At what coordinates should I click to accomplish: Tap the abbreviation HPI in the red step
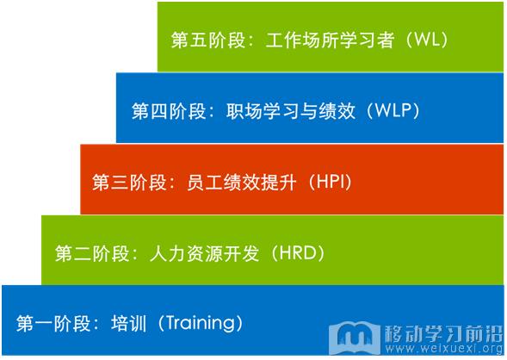pyautogui.click(x=331, y=182)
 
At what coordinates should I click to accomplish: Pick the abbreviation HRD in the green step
pyautogui.click(x=298, y=252)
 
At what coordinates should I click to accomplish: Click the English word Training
pyautogui.click(x=201, y=323)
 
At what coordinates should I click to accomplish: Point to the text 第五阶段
pyautogui.click(x=208, y=40)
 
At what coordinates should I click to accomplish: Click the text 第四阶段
pyautogui.click(x=169, y=111)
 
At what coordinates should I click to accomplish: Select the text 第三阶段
pyautogui.click(x=129, y=182)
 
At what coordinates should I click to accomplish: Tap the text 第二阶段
pyautogui.click(x=92, y=253)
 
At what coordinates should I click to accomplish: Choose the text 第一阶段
pyautogui.click(x=53, y=324)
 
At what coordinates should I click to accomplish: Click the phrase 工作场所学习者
pyautogui.click(x=330, y=40)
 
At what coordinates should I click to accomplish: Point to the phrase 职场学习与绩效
pyautogui.click(x=291, y=111)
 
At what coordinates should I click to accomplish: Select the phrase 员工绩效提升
pyautogui.click(x=242, y=182)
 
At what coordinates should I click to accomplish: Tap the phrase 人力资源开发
pyautogui.click(x=204, y=253)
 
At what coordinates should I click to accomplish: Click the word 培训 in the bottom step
pyautogui.click(x=129, y=324)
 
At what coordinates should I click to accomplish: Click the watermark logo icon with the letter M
pyautogui.click(x=355, y=338)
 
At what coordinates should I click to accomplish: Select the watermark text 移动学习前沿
pyautogui.click(x=444, y=333)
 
